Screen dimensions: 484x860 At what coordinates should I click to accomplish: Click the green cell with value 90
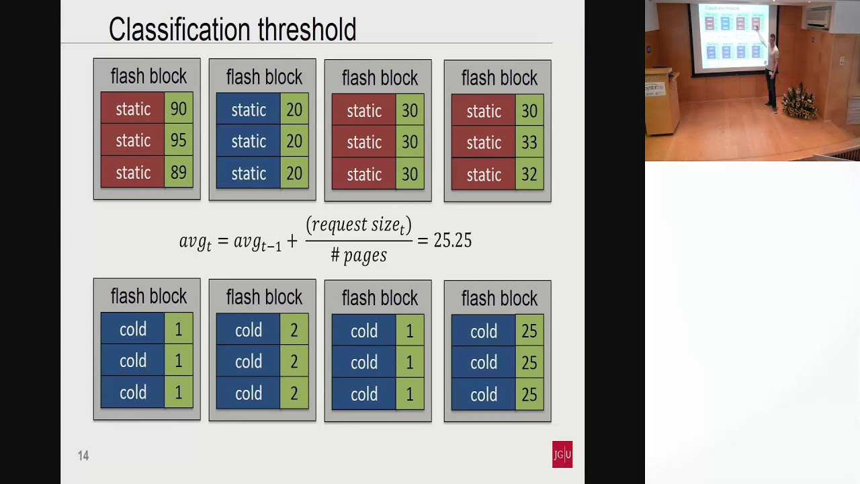(x=179, y=109)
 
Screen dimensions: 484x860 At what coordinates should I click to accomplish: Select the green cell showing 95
(x=179, y=140)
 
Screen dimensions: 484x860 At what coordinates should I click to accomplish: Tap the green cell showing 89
(x=179, y=173)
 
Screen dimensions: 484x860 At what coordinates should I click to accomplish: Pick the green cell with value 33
(x=529, y=143)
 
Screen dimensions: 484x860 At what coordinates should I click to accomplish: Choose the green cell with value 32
(x=529, y=175)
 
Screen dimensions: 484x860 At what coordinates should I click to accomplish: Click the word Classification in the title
(x=179, y=30)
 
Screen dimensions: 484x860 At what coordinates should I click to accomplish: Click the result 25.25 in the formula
(x=452, y=241)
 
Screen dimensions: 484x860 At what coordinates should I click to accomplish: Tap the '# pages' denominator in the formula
(x=359, y=255)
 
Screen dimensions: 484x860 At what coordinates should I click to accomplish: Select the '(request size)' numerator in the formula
(x=359, y=225)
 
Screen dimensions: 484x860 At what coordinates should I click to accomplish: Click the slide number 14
(x=83, y=456)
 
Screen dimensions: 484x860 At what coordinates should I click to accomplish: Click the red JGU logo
(x=562, y=454)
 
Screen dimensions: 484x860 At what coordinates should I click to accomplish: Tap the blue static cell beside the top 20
(x=249, y=110)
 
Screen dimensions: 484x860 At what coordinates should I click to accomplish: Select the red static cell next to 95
(x=133, y=140)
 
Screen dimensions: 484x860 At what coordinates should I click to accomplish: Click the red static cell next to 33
(x=484, y=143)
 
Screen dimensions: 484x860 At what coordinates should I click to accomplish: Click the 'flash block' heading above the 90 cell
(x=148, y=77)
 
